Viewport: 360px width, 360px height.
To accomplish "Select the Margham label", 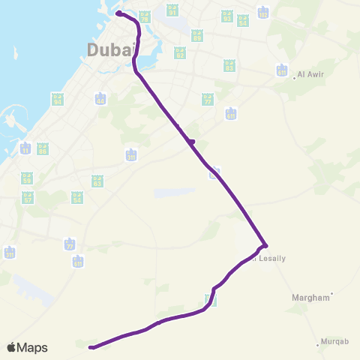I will (310, 297).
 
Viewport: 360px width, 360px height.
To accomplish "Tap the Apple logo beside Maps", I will (12, 347).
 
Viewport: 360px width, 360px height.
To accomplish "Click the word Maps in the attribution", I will (32, 347).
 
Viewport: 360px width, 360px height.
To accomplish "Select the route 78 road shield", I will (145, 16).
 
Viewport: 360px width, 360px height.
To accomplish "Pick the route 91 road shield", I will (173, 11).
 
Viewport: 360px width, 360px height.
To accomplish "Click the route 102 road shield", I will (262, 13).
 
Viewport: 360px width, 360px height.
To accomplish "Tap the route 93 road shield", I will (227, 16).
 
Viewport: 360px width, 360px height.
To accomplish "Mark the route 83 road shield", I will (229, 66).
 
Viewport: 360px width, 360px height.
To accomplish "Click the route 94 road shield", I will (57, 99).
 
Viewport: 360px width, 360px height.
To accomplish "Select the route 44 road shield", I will (100, 99).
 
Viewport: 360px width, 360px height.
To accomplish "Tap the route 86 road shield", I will (43, 149).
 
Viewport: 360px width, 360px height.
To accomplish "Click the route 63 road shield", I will (97, 181).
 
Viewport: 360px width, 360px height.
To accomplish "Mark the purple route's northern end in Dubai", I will (118, 13).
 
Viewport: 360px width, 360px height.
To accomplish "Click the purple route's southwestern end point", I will (91, 347).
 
